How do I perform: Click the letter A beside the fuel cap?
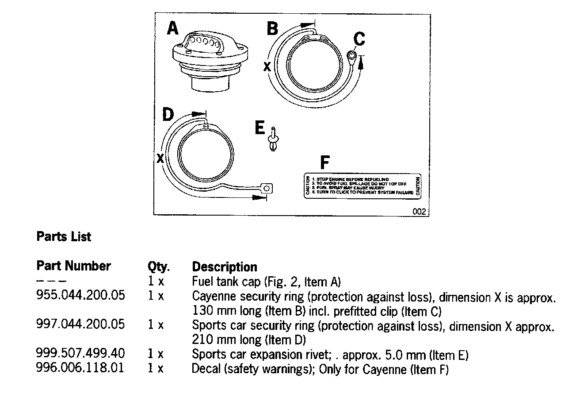point(172,29)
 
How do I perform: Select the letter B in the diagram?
point(272,29)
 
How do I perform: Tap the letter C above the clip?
point(359,39)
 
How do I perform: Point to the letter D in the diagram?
point(168,115)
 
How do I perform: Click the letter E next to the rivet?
point(260,128)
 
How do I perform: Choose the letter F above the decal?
point(324,163)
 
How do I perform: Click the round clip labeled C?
point(352,56)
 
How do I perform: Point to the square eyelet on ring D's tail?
point(266,188)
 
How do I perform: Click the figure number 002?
point(419,212)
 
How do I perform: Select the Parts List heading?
point(64,237)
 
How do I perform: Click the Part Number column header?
point(73,266)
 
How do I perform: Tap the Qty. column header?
point(158,267)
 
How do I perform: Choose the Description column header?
point(224,267)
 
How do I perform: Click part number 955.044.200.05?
point(80,295)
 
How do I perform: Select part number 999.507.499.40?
point(80,354)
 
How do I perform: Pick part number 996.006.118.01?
point(80,369)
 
